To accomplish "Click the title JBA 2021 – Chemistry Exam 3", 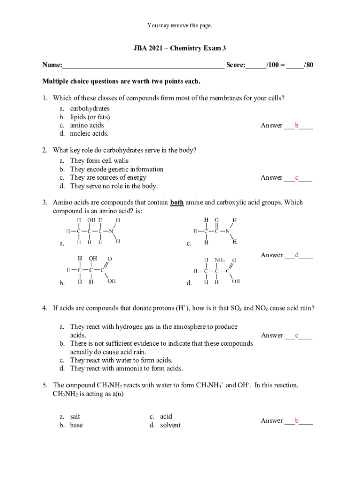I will point(180,48).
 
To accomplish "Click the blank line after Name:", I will point(143,65).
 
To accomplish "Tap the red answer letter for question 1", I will point(296,125).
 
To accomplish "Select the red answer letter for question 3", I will point(296,255).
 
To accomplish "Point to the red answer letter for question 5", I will point(296,421).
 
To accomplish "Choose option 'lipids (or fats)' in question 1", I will point(90,117).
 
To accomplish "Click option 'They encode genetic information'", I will point(116,169).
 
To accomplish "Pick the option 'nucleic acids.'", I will point(89,134).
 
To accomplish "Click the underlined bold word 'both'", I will point(177,203).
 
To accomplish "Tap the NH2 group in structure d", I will point(219,260).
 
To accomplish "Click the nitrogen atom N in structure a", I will point(111,231).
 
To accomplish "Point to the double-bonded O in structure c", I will point(216,220).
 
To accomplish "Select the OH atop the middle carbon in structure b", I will point(93,258).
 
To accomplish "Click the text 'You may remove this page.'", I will point(180,25).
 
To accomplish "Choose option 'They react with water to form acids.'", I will point(121,360).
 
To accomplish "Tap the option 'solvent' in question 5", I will point(170,425).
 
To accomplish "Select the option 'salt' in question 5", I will point(75,416).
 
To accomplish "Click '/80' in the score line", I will point(308,65).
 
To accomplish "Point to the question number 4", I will point(45,308).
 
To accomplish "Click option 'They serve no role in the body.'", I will point(114,186).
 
